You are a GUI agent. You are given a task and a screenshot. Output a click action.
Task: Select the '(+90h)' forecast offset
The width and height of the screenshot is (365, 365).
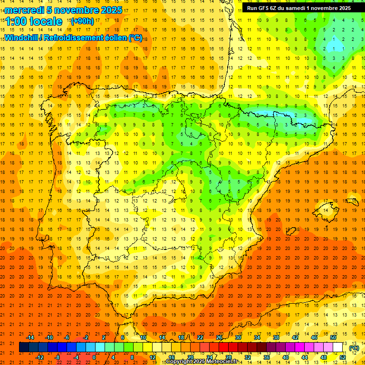point(82,21)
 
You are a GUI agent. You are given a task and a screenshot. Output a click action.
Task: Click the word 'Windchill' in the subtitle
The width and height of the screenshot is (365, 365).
point(22,38)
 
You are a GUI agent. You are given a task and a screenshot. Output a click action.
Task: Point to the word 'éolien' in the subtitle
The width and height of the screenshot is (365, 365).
point(114,38)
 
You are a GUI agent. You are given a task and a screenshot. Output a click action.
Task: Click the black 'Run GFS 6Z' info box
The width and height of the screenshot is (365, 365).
point(298,8)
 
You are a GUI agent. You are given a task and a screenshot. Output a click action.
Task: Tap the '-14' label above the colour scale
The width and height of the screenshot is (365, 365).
point(30,337)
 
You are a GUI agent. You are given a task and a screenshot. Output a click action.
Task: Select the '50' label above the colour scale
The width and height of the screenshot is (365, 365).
point(333,337)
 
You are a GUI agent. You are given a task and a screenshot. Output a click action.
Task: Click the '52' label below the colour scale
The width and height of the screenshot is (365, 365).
point(342,357)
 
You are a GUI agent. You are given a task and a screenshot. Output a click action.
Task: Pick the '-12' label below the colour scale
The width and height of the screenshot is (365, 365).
point(40,357)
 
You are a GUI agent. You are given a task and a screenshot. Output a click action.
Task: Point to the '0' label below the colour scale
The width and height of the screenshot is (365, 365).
point(94,357)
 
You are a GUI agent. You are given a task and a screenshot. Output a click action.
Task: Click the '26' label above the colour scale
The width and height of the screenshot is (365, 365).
point(219,337)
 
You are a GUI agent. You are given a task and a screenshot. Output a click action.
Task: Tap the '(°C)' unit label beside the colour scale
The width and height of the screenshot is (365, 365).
point(354,348)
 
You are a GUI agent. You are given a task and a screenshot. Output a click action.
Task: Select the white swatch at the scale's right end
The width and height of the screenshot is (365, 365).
point(337,347)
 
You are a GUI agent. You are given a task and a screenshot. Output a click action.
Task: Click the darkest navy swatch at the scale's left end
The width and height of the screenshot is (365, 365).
point(24,347)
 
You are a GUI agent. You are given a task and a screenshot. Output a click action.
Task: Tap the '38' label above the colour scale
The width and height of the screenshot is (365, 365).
point(276,337)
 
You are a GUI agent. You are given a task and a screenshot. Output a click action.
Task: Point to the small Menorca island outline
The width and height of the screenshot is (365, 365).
point(352,201)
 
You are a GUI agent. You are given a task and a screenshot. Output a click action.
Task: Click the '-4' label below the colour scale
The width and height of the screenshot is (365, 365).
point(76,357)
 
